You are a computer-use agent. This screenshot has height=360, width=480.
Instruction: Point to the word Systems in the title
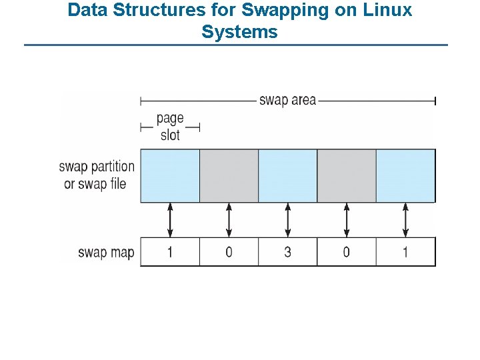coord(239,31)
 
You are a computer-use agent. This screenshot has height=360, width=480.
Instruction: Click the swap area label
coord(287,101)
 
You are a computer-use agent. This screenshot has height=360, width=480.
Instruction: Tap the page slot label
coord(170,127)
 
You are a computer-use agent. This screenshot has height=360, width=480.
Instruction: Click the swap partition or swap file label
coord(96,175)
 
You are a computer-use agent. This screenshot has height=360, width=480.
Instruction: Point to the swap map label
coord(106,253)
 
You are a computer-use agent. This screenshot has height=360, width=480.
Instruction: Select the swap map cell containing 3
coord(288,252)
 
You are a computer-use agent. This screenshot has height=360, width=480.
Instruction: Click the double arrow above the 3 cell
coord(288,220)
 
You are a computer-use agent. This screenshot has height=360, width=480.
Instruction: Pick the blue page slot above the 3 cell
coord(288,175)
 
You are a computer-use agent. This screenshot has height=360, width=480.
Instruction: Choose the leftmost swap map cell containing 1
coord(170,252)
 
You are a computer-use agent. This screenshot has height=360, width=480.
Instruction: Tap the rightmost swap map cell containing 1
coord(405,252)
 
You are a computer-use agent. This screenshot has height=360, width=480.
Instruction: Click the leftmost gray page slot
coord(229,175)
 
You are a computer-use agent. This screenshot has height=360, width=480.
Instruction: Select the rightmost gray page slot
coord(347,175)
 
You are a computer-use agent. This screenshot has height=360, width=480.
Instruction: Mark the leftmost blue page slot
coord(170,175)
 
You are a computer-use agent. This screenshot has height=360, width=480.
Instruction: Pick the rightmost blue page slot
coord(405,175)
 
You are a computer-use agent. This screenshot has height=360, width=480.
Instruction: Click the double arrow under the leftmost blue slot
coord(170,220)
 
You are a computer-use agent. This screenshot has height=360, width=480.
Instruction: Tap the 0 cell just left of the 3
coord(229,252)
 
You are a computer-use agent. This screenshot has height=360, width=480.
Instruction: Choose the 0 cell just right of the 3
coord(347,252)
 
